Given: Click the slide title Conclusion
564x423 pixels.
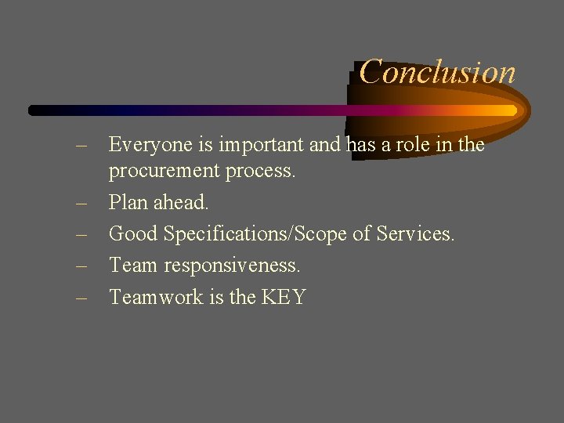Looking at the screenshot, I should pos(437,72).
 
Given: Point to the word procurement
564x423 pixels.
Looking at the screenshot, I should pos(164,171).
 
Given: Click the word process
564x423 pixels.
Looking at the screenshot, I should pos(261,171).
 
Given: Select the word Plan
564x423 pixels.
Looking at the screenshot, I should pos(128,202).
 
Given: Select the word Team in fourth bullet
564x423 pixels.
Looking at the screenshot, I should pos(133,266).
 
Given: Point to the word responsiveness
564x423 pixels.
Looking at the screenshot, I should pos(232,266).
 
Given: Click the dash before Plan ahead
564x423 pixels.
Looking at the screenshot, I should pos(81,203).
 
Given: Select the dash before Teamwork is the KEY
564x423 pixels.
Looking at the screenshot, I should pos(81,298).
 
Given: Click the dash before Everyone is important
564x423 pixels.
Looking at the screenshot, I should pos(81,146).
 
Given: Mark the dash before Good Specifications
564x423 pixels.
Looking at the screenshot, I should pos(81,234).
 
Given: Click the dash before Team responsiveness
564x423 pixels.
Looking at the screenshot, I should pos(81,266).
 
